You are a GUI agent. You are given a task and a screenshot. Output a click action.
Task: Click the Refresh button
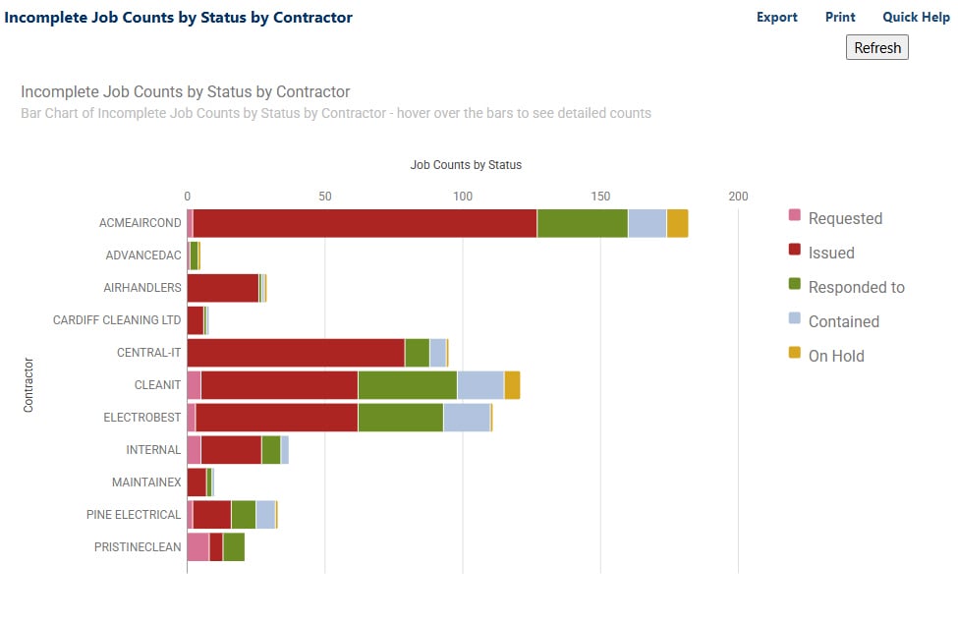tap(876, 47)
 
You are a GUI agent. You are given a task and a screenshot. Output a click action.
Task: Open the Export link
tap(776, 17)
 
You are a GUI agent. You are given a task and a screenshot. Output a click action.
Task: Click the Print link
tap(840, 17)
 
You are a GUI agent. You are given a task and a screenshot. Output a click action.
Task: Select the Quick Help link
tap(916, 17)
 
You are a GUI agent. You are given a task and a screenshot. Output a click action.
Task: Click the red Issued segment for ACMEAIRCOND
tap(365, 223)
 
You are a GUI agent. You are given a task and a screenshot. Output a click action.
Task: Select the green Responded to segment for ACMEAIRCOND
tap(582, 223)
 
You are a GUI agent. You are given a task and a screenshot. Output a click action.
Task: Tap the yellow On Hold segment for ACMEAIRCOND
tap(677, 223)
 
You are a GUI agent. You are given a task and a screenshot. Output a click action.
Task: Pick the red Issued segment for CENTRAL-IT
tap(295, 353)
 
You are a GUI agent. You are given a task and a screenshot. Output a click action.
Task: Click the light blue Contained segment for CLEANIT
tap(480, 385)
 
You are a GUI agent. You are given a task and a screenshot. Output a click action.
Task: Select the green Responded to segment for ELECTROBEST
tap(400, 418)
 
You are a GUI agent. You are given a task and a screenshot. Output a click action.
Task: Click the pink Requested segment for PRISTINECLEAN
tap(197, 547)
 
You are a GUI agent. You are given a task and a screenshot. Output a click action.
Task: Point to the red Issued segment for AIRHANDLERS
tap(222, 288)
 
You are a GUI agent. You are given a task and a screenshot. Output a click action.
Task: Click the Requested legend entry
tap(844, 218)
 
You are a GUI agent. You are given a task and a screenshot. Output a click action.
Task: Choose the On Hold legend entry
tap(835, 356)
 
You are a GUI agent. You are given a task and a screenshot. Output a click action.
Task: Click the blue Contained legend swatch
tap(795, 320)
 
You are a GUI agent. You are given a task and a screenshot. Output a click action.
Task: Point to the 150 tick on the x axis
tap(600, 196)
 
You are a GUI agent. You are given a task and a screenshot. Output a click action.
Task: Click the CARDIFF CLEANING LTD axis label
tap(117, 320)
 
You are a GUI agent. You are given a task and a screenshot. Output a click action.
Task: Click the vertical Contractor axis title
tap(28, 384)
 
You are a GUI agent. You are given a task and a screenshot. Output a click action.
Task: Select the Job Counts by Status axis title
tap(465, 164)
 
